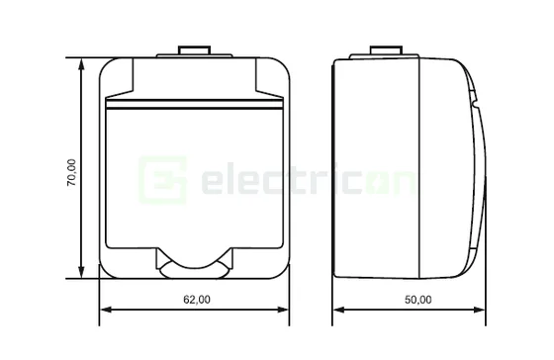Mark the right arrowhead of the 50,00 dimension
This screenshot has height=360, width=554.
pos(484,314)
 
